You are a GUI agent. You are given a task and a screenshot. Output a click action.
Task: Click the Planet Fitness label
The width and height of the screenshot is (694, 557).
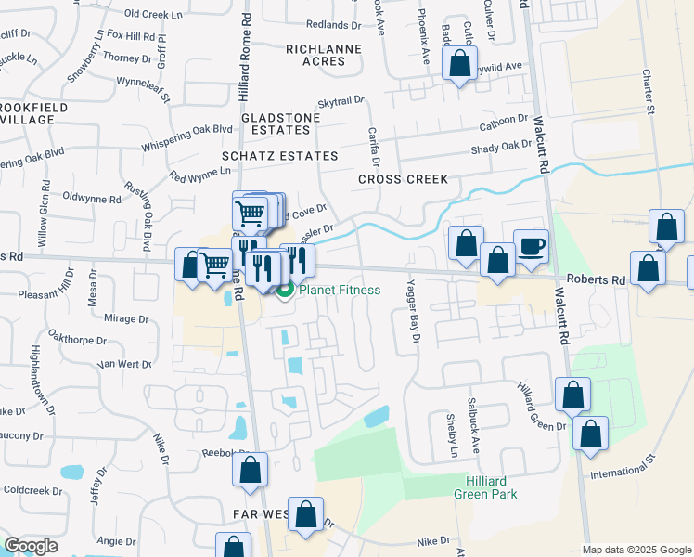click(x=339, y=290)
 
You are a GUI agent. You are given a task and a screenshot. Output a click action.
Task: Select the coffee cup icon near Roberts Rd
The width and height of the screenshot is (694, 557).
click(x=531, y=246)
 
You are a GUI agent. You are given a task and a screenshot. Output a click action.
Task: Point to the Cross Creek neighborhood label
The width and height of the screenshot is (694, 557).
click(x=404, y=179)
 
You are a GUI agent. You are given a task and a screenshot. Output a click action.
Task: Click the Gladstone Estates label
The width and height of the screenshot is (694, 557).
click(x=280, y=124)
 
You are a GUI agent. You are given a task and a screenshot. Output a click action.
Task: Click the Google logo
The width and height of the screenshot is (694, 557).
click(x=31, y=546)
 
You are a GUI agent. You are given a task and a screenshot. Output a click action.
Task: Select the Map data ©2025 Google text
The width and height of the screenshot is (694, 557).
click(x=636, y=550)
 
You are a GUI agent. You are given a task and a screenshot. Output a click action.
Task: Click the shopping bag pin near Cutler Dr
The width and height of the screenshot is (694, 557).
click(x=459, y=64)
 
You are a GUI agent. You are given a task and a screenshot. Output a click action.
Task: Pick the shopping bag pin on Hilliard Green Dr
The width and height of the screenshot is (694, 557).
click(x=573, y=395)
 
